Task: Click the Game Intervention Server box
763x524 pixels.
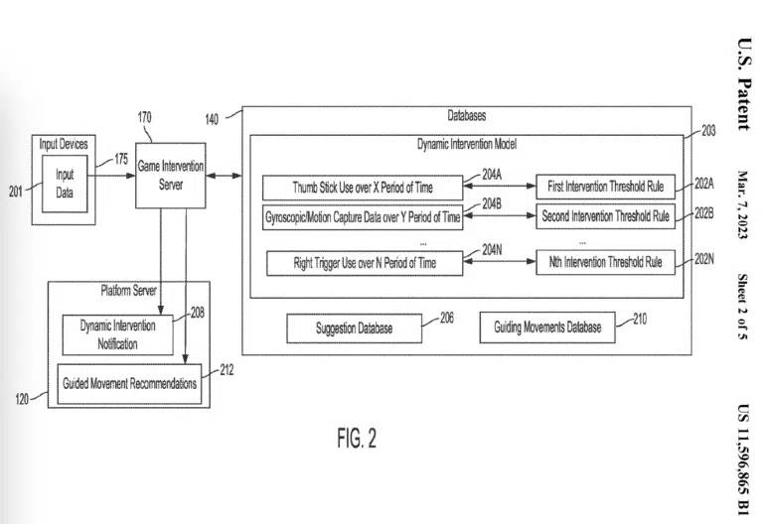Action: tap(170, 174)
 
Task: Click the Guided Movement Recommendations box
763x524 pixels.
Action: tap(129, 383)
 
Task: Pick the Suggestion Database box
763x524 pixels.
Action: tap(354, 327)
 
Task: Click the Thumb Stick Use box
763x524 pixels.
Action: tap(363, 187)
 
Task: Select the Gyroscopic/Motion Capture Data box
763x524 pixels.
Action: tap(363, 216)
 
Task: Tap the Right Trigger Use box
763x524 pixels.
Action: tap(366, 263)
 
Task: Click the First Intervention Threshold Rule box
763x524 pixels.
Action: tap(605, 186)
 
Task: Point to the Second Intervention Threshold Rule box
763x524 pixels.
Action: tap(605, 215)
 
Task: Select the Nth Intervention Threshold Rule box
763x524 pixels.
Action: tap(605, 263)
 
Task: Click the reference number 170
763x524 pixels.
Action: tap(145, 117)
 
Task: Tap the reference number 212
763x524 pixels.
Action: tap(227, 371)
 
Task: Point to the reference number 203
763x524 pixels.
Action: tap(708, 130)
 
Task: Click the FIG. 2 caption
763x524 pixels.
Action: tap(357, 439)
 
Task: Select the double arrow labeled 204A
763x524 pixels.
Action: tap(499, 187)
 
